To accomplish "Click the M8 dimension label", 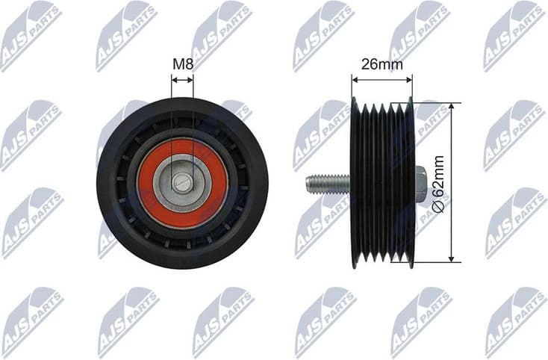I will [182, 65].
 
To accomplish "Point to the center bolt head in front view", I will [182, 182].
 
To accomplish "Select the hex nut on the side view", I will [419, 182].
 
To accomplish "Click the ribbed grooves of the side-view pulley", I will [382, 182].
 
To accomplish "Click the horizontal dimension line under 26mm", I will [382, 77].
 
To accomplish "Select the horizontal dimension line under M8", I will [182, 78].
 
